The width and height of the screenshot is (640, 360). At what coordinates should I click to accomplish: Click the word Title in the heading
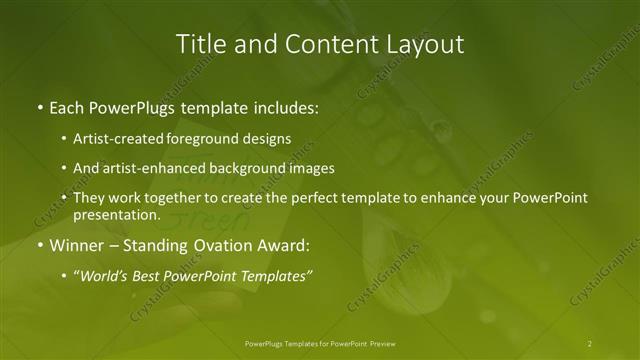point(200,44)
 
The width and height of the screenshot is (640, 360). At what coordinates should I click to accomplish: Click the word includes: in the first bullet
point(283,105)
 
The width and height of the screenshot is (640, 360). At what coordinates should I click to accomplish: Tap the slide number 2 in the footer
point(589,344)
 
